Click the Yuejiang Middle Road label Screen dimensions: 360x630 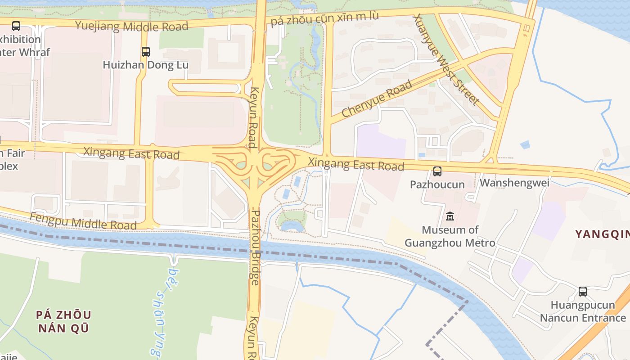tap(131, 26)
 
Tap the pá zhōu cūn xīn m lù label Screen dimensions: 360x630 tap(324, 18)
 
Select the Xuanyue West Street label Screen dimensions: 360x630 tap(445, 59)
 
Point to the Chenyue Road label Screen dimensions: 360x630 tap(377, 99)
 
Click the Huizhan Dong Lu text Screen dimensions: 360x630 tap(145, 65)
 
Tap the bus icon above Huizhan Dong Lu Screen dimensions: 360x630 tap(145, 51)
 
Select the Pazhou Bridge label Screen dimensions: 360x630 tap(255, 247)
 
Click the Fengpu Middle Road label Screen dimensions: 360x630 tap(83, 221)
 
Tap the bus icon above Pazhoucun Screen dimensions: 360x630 tap(437, 171)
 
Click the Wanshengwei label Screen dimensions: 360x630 tap(514, 183)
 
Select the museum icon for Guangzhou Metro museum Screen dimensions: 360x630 tap(450, 216)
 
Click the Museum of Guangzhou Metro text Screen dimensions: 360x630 tap(450, 236)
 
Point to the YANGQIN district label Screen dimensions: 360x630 tap(602, 234)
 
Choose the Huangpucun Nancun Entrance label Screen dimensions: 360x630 tap(583, 311)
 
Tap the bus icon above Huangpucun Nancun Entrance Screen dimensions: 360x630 tap(583, 291)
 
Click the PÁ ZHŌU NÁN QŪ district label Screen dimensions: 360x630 tap(63, 321)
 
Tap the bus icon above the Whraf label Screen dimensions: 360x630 tap(16, 26)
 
